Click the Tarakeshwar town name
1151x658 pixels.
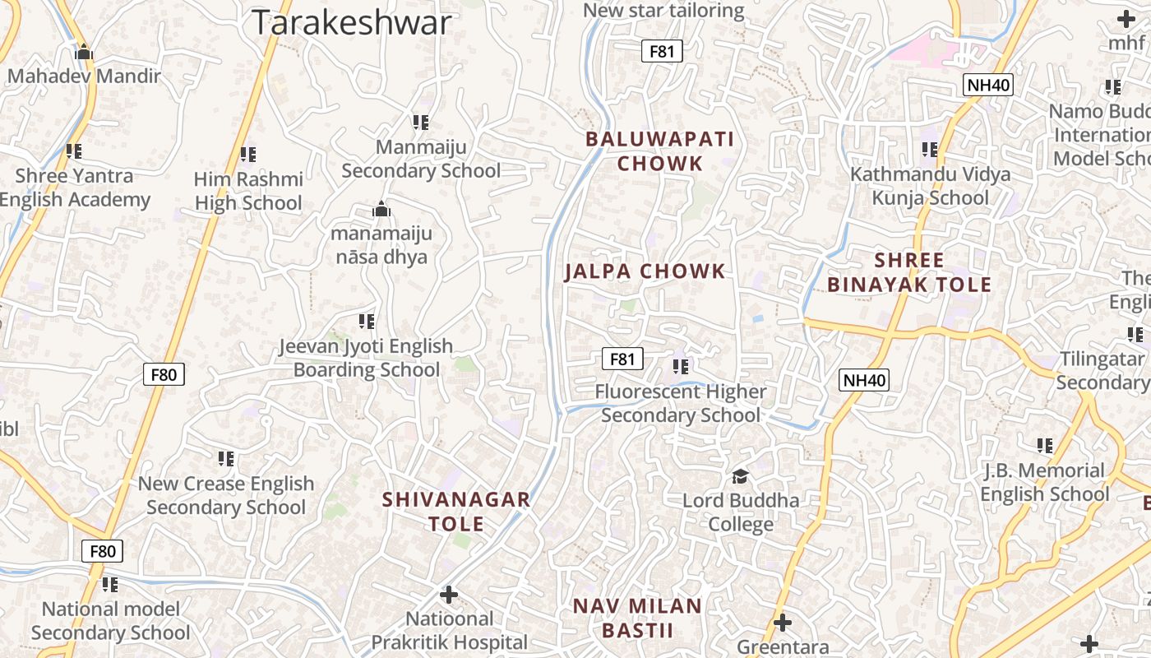(x=352, y=23)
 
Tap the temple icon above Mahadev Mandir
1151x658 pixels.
(x=83, y=53)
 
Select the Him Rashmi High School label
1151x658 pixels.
(x=248, y=191)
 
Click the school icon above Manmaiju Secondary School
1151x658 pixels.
(x=421, y=123)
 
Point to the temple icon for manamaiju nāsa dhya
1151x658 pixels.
(x=381, y=210)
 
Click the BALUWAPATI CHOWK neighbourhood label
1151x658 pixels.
(x=660, y=151)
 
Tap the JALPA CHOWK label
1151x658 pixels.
(x=645, y=271)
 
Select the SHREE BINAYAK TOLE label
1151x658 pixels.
(x=909, y=273)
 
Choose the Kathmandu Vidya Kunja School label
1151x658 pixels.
(x=931, y=186)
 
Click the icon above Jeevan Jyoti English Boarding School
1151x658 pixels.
(x=367, y=321)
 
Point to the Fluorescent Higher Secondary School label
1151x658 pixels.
(x=681, y=403)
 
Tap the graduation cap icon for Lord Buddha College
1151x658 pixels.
(x=741, y=476)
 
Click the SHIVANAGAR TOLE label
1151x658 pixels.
(x=456, y=511)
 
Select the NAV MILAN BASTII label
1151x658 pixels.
(x=638, y=619)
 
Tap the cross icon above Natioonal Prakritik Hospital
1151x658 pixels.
(x=449, y=594)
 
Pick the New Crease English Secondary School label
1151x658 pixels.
(x=226, y=495)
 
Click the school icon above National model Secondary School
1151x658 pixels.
(x=110, y=585)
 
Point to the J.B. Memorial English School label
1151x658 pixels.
(x=1045, y=482)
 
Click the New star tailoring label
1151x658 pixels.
(x=663, y=11)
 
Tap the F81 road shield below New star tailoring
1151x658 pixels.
(x=662, y=52)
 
